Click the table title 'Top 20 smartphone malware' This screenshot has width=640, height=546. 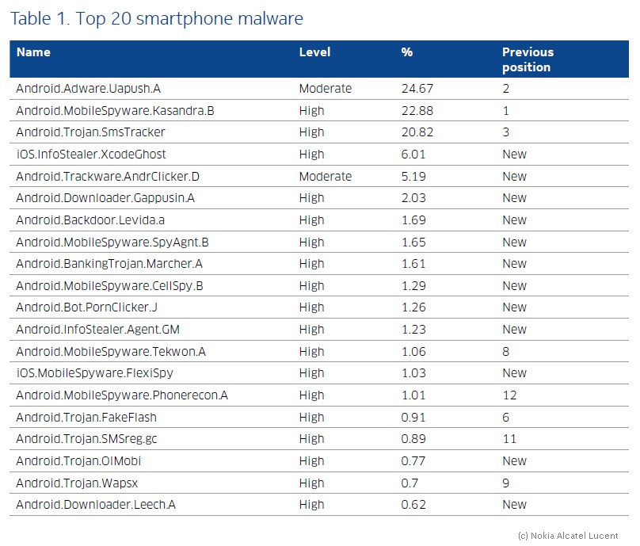click(x=189, y=19)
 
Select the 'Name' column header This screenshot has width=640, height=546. click(x=33, y=52)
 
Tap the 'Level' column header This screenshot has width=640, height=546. click(x=314, y=52)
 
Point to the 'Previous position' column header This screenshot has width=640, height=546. click(x=528, y=59)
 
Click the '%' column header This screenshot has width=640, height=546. click(x=407, y=52)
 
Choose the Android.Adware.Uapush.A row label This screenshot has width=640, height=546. click(x=89, y=89)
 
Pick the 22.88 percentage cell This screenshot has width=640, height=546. click(x=417, y=111)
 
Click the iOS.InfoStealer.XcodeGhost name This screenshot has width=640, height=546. click(x=91, y=155)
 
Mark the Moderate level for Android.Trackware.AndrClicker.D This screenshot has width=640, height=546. click(x=326, y=177)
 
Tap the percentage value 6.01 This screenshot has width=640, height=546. click(x=413, y=155)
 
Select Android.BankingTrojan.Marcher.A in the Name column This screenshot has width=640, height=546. click(x=109, y=264)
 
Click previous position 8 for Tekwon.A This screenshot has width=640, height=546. click(x=506, y=352)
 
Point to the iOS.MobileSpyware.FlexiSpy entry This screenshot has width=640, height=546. click(x=95, y=373)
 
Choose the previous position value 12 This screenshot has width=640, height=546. click(x=510, y=395)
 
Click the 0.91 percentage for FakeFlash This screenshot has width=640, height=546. click(x=413, y=418)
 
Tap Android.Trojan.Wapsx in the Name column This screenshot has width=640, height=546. click(x=77, y=483)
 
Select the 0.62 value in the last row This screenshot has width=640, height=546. click(x=413, y=505)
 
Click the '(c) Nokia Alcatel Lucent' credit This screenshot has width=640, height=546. click(x=568, y=536)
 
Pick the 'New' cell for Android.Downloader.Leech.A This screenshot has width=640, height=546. click(x=514, y=505)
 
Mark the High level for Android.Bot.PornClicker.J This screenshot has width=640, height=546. click(x=312, y=307)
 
